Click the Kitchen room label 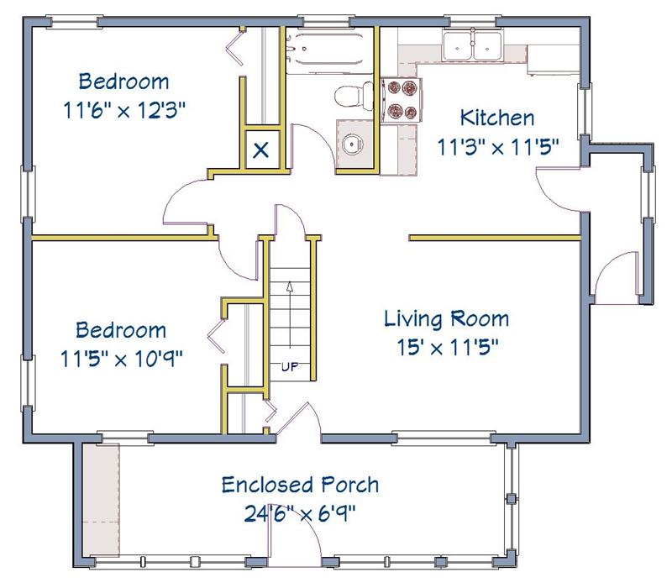[497, 118]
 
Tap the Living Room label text [447, 318]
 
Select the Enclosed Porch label [300, 485]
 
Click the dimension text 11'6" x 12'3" [124, 110]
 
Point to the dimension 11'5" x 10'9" [121, 359]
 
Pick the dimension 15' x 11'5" [448, 347]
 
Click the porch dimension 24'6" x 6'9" [300, 512]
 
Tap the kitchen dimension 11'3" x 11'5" [498, 147]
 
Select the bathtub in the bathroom [329, 50]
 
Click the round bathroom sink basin [352, 144]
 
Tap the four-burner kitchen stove [402, 100]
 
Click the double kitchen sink [472, 45]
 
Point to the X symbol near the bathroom [261, 150]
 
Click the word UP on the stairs [289, 367]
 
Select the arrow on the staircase [290, 314]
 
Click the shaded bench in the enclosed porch [101, 500]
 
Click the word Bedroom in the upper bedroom [123, 81]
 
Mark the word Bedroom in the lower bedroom [121, 330]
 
